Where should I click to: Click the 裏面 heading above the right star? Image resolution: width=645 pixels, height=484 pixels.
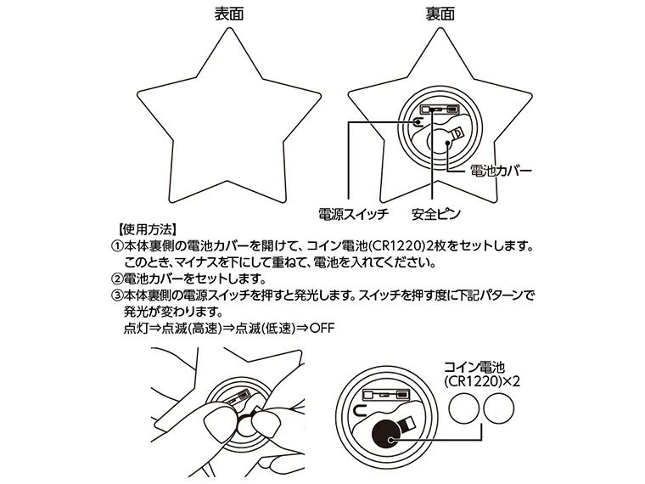point(439,14)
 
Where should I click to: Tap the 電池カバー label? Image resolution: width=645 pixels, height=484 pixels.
point(501,172)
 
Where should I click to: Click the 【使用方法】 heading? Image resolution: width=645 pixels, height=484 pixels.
point(142,229)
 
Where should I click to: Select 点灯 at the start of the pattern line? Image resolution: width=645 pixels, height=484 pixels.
point(136,329)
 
